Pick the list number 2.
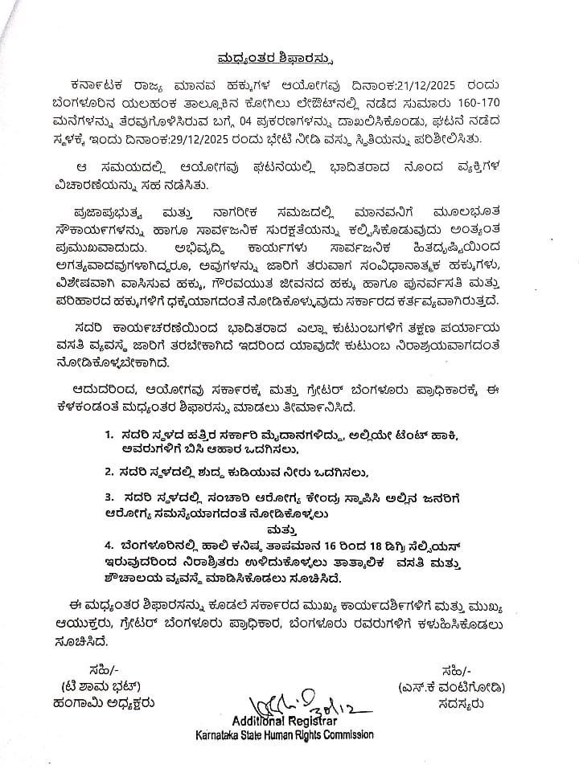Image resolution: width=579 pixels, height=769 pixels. (108, 472)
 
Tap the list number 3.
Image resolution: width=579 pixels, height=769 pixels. (108, 497)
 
